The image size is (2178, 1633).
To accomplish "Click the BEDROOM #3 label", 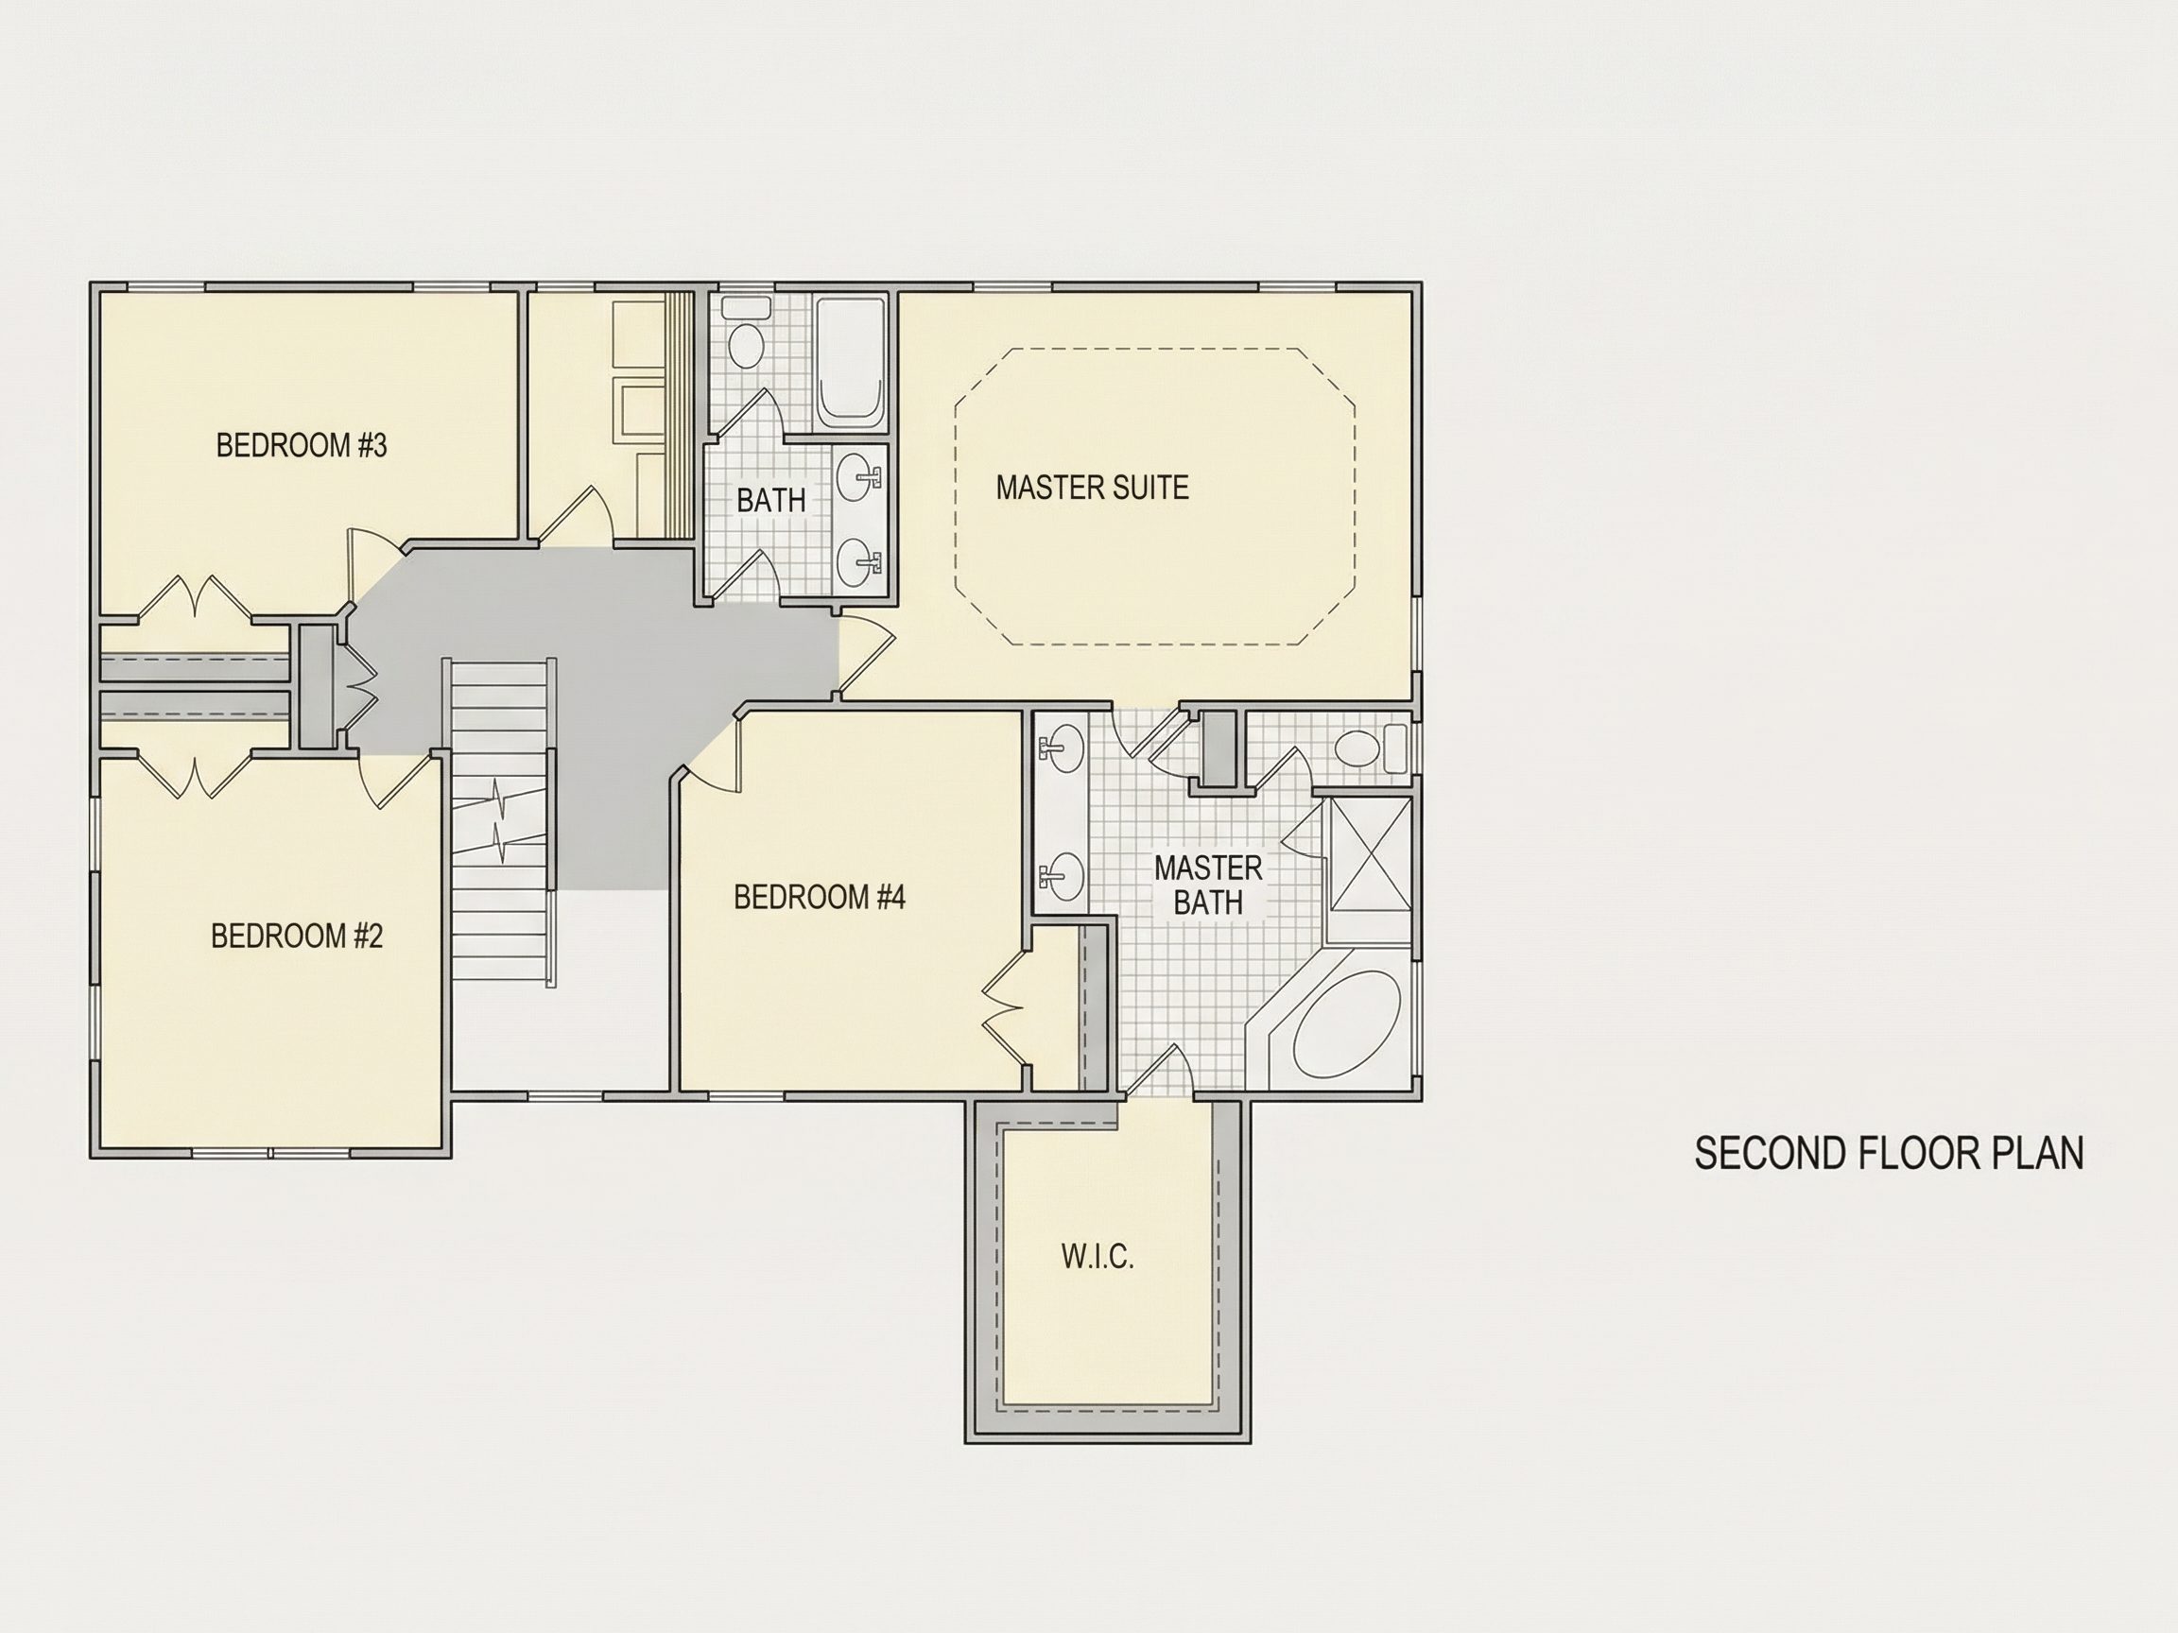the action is tap(302, 446).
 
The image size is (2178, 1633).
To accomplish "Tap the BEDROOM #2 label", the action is tap(297, 936).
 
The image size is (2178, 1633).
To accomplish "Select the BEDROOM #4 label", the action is tap(820, 897).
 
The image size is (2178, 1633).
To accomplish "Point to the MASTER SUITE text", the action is tap(1092, 488).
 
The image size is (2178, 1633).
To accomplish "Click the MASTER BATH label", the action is tap(1208, 885).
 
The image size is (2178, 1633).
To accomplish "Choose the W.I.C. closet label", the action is tap(1098, 1257).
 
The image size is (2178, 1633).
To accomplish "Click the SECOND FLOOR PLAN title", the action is tap(1889, 1154).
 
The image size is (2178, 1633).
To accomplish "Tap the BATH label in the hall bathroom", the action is tap(771, 500).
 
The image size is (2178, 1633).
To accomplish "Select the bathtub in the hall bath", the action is tap(851, 361).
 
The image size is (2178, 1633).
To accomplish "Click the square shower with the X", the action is tap(1371, 854).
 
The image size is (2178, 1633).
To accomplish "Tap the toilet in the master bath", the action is tap(1373, 748).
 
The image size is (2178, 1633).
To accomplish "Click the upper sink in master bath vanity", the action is tap(1061, 748).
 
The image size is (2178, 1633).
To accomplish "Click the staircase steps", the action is tap(500, 821).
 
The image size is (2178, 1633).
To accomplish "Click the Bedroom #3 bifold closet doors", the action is tap(195, 597).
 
